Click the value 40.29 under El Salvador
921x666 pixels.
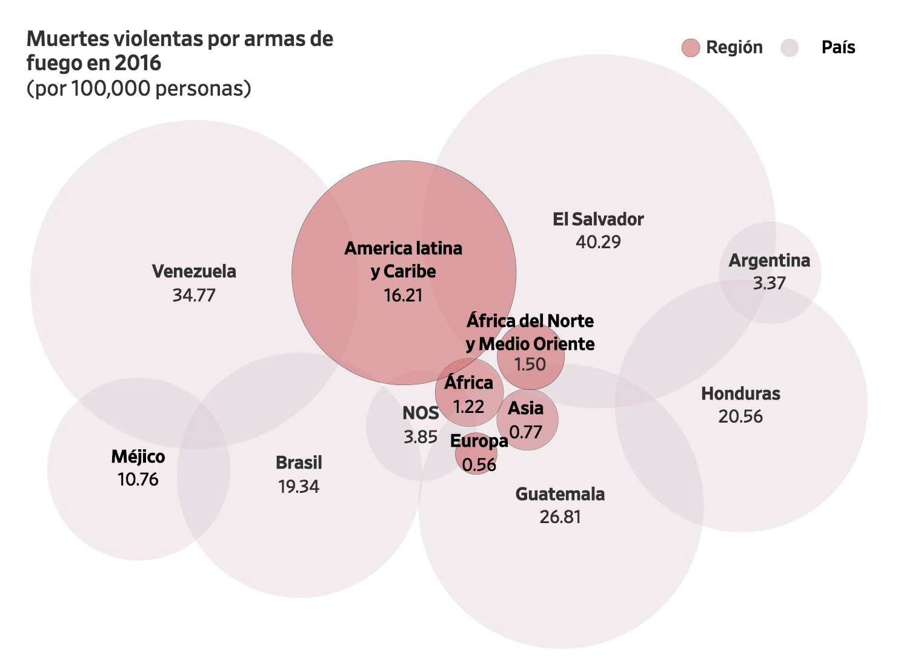[598, 242]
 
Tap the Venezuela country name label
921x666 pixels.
[194, 271]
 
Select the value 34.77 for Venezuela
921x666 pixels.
[194, 295]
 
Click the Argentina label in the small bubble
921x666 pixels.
[769, 260]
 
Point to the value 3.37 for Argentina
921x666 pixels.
[769, 283]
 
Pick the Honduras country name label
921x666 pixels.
[740, 394]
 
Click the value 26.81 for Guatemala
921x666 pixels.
[560, 517]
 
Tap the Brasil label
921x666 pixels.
[299, 463]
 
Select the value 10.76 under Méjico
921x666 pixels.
[138, 480]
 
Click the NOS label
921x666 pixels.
[421, 413]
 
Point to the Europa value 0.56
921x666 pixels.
[479, 464]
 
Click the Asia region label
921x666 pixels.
[525, 408]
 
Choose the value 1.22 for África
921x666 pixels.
[468, 406]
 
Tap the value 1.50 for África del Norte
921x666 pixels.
[530, 364]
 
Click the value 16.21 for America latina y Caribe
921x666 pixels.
[403, 295]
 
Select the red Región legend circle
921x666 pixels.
[691, 48]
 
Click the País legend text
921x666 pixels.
[838, 48]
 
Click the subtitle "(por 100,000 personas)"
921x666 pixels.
[139, 88]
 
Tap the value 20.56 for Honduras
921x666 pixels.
[740, 417]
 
